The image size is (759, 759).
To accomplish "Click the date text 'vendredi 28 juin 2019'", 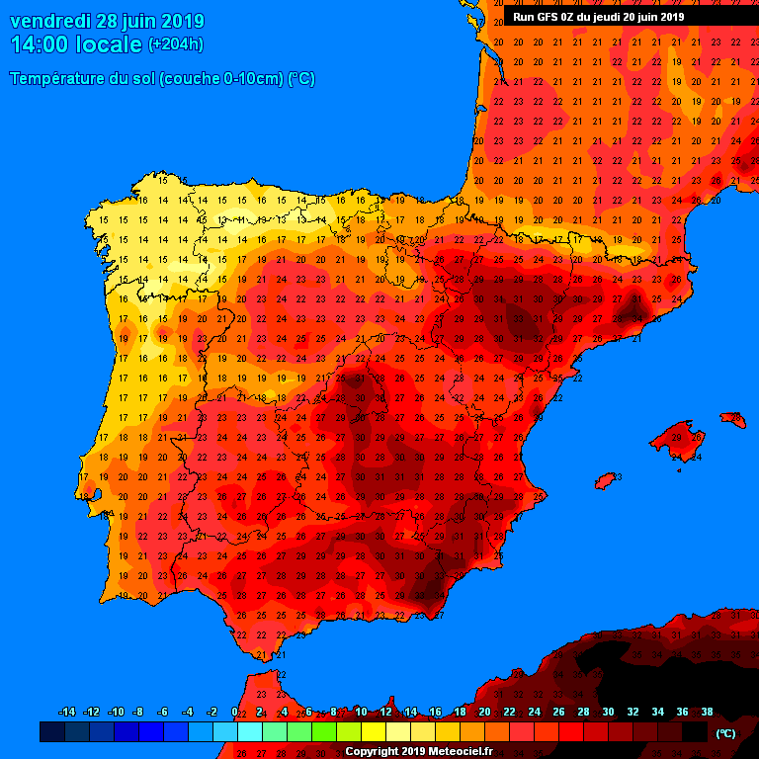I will click(107, 21).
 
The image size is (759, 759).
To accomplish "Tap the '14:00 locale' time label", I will click(76, 44).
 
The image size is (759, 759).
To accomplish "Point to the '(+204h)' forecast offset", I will click(176, 44).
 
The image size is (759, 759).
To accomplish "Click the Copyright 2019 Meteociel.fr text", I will click(418, 751).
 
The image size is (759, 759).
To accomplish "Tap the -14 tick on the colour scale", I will click(66, 712).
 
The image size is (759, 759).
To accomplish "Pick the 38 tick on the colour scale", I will click(707, 712).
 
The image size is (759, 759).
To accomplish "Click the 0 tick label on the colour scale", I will click(234, 712).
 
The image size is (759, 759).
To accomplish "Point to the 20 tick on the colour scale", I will click(484, 712).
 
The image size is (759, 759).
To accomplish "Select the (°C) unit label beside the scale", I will click(726, 733).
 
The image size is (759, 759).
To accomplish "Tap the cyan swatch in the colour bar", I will click(249, 732).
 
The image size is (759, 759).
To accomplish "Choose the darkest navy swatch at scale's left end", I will click(52, 732).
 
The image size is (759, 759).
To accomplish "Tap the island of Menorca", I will click(732, 421).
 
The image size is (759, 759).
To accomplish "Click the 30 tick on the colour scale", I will click(608, 712).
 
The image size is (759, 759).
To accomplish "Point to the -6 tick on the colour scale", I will click(162, 712).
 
